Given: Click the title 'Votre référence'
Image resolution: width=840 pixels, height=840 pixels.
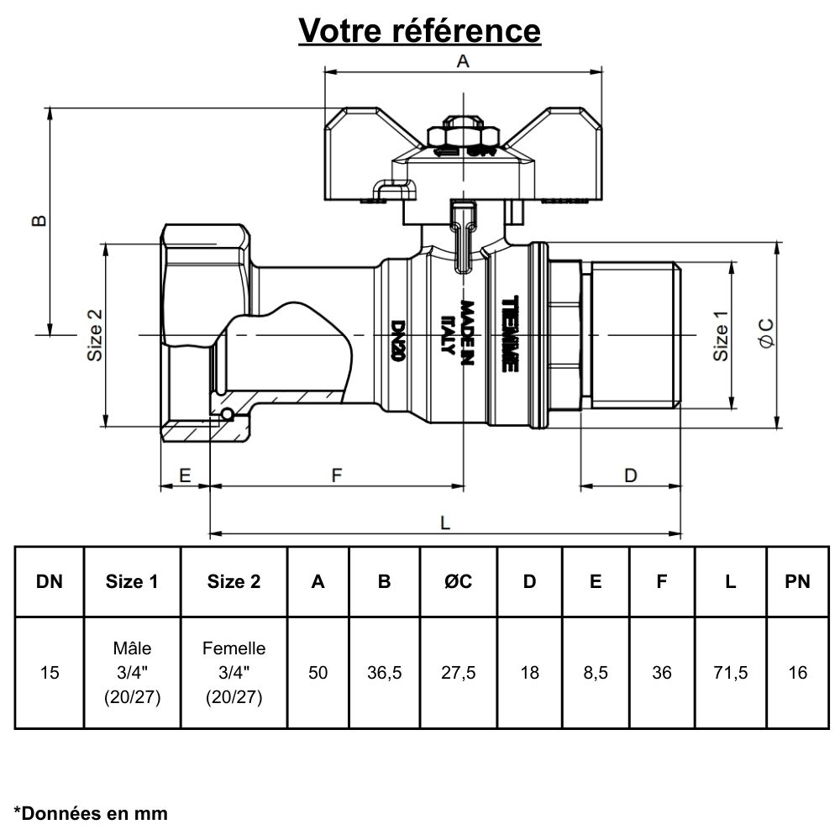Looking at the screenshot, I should (x=420, y=30).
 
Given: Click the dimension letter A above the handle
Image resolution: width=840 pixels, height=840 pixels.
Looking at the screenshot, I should (x=462, y=61).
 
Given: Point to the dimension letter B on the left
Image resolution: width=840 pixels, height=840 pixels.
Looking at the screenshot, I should (x=39, y=220).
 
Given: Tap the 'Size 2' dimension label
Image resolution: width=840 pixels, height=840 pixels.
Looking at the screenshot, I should (x=95, y=335).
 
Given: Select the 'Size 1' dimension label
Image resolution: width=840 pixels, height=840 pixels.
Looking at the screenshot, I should (x=721, y=335).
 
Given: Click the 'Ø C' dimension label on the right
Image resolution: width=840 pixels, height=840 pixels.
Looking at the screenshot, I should (x=765, y=333).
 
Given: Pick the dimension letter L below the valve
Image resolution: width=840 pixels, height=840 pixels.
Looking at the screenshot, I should (x=445, y=522).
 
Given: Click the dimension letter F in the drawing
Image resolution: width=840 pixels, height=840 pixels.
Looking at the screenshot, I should (x=337, y=475).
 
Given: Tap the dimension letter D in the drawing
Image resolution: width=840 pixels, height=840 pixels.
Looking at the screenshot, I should (x=630, y=475).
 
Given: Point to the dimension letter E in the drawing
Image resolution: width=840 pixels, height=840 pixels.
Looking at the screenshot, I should (x=185, y=475).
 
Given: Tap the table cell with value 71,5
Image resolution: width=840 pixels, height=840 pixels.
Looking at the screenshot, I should (x=730, y=673).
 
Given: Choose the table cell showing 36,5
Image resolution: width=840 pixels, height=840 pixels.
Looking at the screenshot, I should (x=384, y=673).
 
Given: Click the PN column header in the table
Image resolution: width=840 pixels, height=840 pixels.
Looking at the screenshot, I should (x=797, y=581).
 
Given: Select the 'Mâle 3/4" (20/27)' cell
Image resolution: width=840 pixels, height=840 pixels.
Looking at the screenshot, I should (x=131, y=673).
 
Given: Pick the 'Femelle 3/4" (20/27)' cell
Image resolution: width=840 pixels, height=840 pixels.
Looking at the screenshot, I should (x=234, y=673).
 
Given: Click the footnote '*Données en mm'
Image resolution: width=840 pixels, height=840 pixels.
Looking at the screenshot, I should (x=91, y=813).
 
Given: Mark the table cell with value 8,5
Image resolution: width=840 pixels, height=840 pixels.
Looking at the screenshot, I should (x=595, y=673).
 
